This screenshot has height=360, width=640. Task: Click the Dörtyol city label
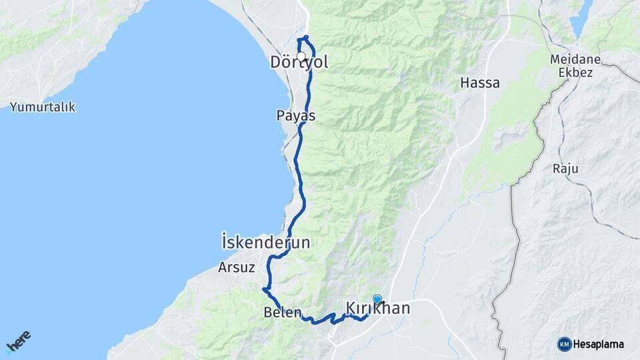coord(299,63)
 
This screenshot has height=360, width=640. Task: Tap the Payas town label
coord(295,115)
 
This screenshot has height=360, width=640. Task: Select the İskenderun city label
coord(265,243)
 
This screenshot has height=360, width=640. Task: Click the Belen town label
coord(283,312)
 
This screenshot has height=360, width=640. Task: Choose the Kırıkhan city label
coord(378,309)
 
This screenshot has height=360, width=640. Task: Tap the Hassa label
coord(480,83)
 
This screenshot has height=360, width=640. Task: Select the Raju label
coord(564,168)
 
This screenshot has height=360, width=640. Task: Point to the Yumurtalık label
coord(43,107)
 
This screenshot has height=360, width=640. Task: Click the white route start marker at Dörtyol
coord(301,57)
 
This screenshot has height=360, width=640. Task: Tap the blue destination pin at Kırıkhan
coord(377,300)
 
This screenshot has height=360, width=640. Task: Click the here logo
coord(18,341)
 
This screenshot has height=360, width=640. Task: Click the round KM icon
coord(565,344)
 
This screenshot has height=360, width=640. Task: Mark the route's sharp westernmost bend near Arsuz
coord(265,290)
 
